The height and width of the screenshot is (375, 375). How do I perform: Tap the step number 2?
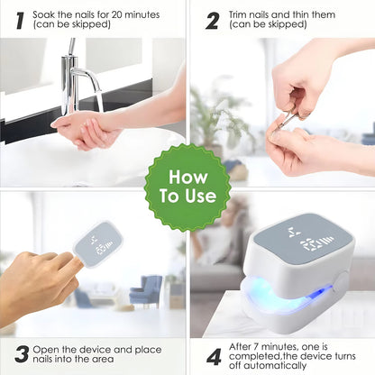tap(212, 20)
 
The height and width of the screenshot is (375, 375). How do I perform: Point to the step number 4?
tap(214, 355)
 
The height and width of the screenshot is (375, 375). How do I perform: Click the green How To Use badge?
tap(187, 187)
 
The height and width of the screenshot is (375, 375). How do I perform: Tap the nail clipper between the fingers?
tap(288, 118)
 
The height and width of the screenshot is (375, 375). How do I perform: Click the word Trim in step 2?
tap(239, 14)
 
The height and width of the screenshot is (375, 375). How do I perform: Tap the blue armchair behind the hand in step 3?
tap(145, 290)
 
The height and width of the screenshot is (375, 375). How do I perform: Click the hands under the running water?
tap(86, 130)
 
